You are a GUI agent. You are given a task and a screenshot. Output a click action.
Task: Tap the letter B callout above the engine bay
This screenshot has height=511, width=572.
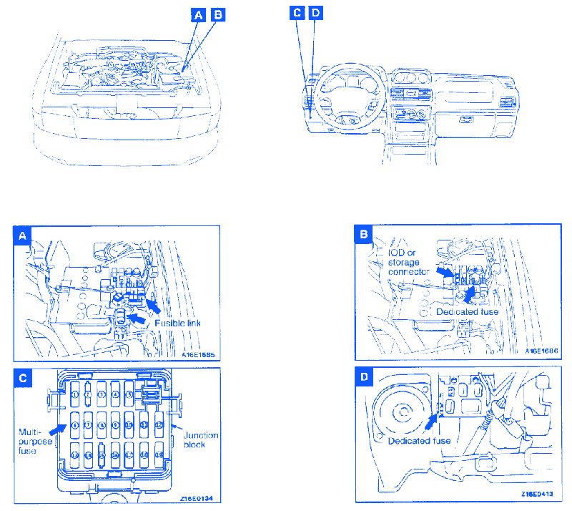click(x=218, y=14)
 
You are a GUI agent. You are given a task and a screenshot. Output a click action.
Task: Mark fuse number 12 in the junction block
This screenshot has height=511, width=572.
click(x=158, y=424)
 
